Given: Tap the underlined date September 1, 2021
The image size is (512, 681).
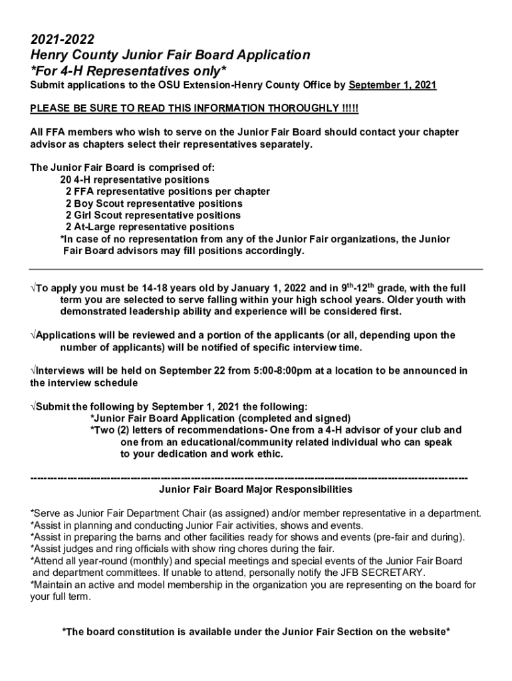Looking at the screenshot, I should click(x=392, y=86).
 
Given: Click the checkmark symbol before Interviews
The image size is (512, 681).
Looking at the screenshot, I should click(x=33, y=370).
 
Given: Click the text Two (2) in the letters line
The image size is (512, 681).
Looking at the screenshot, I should click(x=110, y=430).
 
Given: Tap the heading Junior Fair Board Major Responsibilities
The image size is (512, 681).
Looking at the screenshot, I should click(x=256, y=489).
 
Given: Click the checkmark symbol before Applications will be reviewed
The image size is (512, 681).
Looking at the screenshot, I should click(x=33, y=335).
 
